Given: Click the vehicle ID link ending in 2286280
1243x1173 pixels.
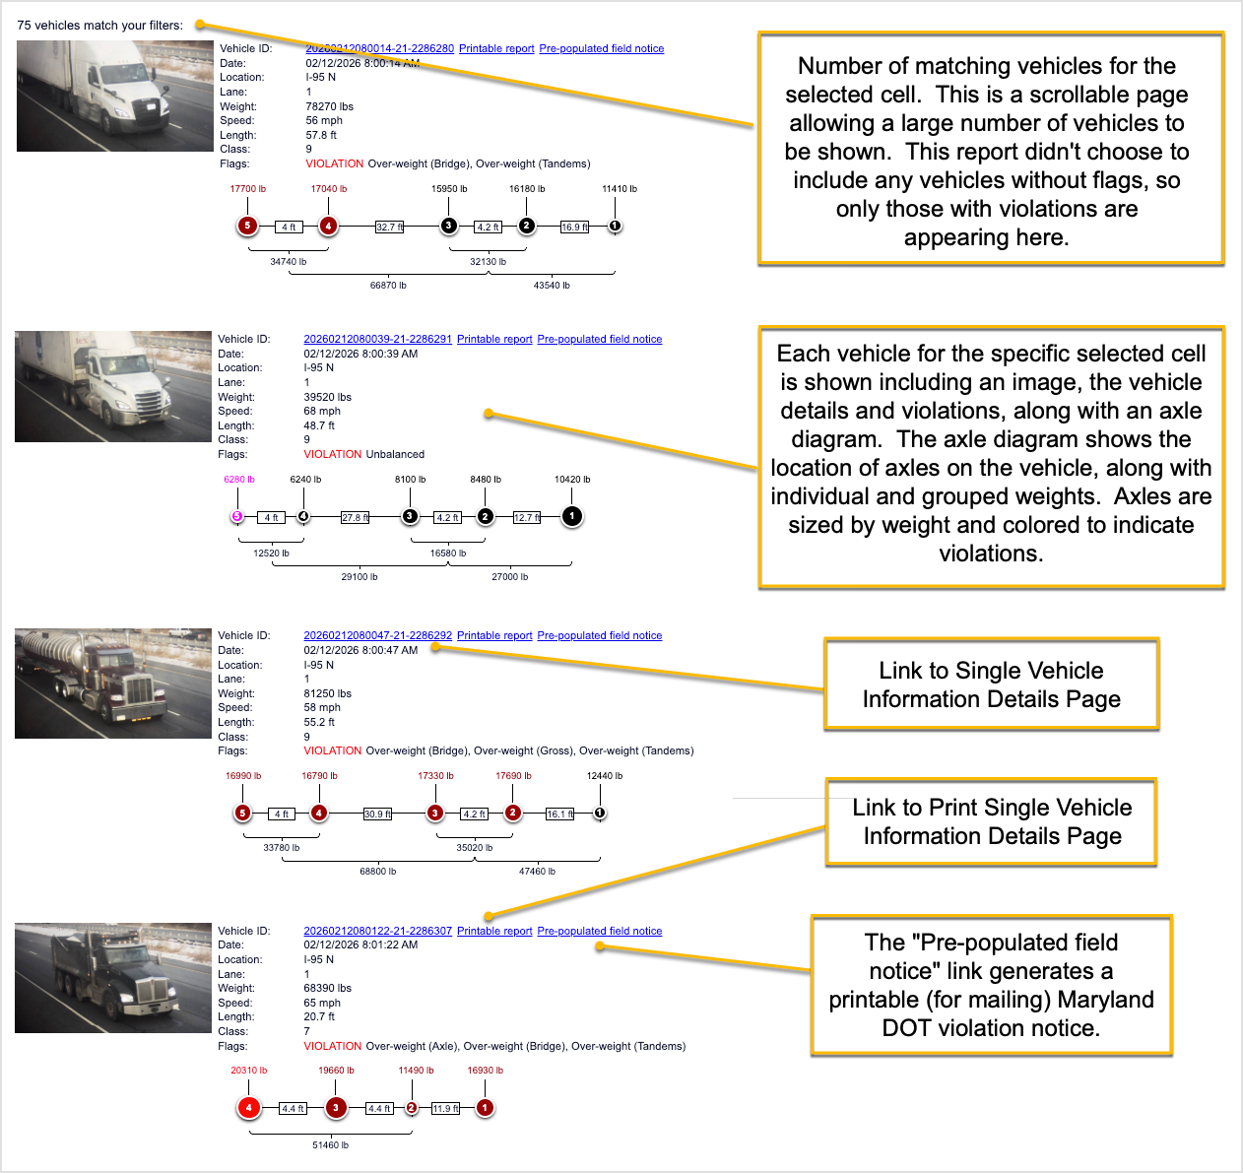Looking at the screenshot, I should click(379, 48).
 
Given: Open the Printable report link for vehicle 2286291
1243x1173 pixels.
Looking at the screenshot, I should click(494, 339).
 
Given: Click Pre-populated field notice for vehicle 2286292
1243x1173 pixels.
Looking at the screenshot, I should click(599, 635).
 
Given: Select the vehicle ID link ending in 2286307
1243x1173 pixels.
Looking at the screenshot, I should click(377, 931).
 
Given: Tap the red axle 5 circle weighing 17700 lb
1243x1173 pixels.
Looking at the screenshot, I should click(247, 226).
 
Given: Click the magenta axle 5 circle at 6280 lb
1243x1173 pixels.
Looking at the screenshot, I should click(236, 516).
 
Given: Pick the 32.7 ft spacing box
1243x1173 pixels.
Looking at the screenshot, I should click(390, 227).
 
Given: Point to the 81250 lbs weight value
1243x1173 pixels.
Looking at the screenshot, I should click(327, 693).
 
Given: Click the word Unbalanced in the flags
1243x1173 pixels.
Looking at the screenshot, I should click(395, 454).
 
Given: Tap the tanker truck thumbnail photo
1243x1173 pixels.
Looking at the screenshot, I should click(113, 684).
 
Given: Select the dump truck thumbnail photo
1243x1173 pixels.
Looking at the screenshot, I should click(113, 978).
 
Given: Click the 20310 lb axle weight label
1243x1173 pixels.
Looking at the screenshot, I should click(248, 1071).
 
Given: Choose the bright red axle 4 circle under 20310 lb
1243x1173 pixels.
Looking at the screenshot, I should click(248, 1108).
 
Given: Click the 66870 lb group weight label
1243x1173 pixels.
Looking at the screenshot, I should click(388, 286).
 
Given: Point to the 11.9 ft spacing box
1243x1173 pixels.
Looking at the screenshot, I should click(445, 1109).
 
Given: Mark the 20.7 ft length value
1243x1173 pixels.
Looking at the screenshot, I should click(319, 1016).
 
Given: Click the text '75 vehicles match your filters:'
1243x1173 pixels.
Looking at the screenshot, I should click(99, 26).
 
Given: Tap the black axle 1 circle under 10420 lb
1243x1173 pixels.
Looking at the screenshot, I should click(571, 516).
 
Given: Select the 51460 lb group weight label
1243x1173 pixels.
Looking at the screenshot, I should click(330, 1145).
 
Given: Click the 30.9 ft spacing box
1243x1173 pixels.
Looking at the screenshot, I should click(377, 815).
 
